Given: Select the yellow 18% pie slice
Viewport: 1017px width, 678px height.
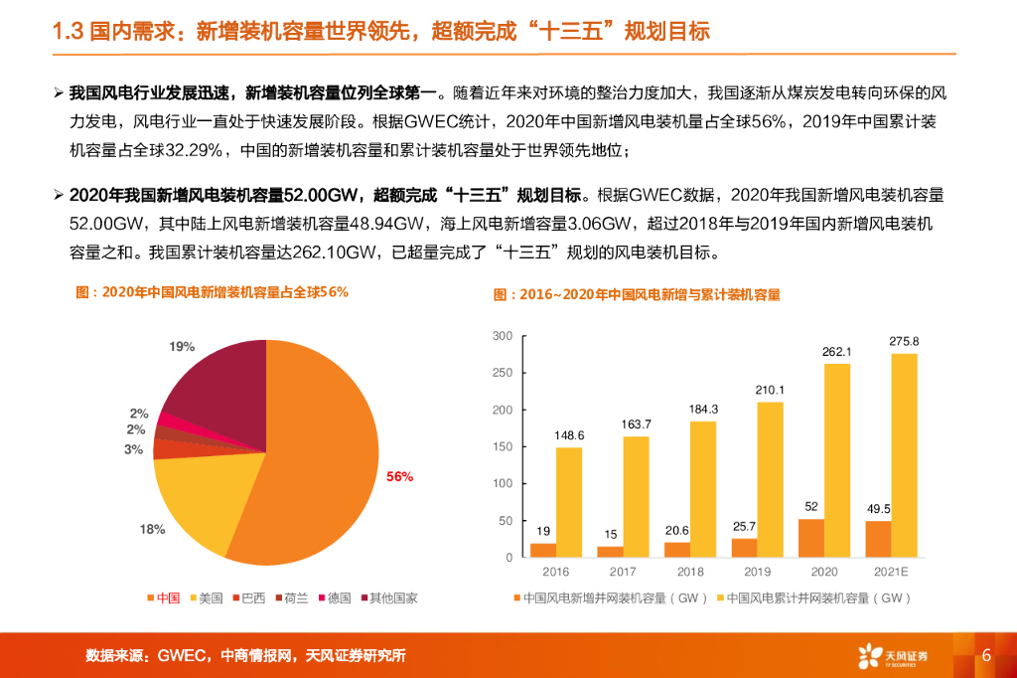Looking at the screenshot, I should click(199, 507).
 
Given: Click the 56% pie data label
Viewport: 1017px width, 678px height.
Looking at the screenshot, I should click(399, 477).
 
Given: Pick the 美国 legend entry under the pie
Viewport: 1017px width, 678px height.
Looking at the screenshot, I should click(204, 597).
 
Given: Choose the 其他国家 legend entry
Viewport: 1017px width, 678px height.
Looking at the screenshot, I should click(388, 597).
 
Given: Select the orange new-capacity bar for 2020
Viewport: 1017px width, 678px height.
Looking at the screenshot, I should click(810, 538).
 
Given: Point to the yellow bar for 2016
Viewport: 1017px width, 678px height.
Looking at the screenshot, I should click(568, 502).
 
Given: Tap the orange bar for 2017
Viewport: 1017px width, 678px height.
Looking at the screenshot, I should click(610, 551).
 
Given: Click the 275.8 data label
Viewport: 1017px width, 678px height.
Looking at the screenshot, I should click(904, 342).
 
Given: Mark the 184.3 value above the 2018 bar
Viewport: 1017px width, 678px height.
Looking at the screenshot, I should click(702, 410).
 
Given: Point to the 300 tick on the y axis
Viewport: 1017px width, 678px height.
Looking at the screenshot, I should click(503, 336).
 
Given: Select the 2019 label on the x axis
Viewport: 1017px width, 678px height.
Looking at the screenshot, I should click(757, 572).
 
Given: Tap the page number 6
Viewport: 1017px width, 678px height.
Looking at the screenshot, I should click(986, 655).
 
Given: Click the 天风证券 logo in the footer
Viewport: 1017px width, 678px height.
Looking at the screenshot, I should click(894, 655).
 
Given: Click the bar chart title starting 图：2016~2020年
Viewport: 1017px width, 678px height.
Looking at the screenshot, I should click(637, 295).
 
